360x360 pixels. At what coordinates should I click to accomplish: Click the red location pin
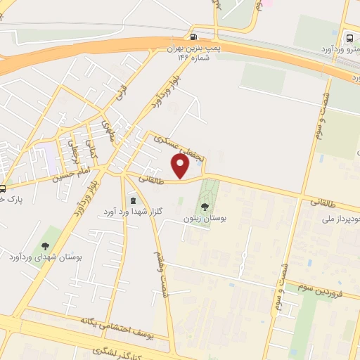tap(181, 166)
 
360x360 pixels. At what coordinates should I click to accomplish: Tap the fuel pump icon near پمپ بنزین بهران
tap(193, 37)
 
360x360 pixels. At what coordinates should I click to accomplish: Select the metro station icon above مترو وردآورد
tap(349, 37)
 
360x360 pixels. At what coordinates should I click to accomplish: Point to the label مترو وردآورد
tap(338, 49)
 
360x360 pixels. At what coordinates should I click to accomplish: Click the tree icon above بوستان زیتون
tap(205, 207)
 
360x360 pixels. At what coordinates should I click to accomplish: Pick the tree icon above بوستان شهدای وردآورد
tap(46, 245)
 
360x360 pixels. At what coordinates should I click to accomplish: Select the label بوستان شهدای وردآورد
tap(46, 257)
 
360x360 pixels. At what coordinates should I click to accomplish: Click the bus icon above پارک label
tap(3, 188)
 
